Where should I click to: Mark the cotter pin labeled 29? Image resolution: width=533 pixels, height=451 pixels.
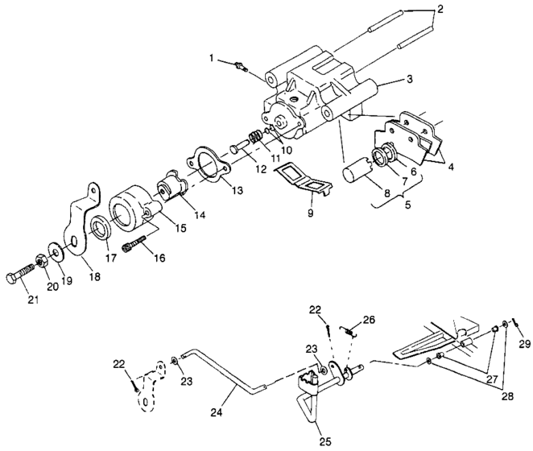pos(516,326)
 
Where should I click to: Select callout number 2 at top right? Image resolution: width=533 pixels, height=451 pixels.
pos(438,10)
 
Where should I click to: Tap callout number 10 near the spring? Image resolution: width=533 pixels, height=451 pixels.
pos(286,150)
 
